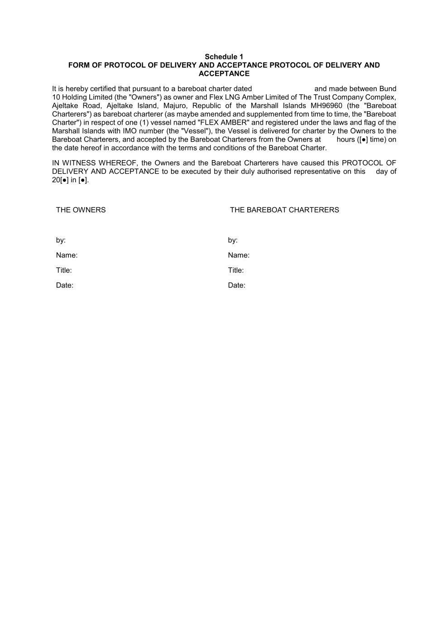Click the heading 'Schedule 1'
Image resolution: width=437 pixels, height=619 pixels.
coord(224,57)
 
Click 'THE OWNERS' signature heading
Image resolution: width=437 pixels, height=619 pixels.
coord(81,210)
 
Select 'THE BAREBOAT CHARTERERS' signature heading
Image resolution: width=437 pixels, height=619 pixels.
coord(284,210)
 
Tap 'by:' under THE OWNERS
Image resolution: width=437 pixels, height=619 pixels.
coord(61,240)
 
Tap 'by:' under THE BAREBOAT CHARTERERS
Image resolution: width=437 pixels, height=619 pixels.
coord(233,240)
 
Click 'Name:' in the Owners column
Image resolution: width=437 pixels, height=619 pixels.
coord(67,255)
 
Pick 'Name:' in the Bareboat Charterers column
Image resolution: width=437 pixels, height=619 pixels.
coord(239,255)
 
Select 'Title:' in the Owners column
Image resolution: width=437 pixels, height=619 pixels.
coord(64,270)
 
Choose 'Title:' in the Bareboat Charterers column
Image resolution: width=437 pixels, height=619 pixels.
coord(236,270)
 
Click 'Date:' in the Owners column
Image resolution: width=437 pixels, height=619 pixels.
coord(65,285)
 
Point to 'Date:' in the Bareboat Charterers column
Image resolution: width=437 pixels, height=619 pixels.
coord(237,285)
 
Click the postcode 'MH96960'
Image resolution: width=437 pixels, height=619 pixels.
coord(326,106)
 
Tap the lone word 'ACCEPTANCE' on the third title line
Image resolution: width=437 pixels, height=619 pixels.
coord(224,73)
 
